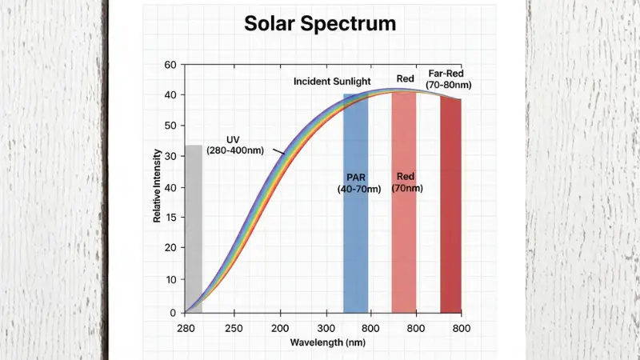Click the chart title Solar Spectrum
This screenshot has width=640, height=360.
[319, 23]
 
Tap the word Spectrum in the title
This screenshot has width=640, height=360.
[355, 23]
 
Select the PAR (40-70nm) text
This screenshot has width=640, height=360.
[355, 182]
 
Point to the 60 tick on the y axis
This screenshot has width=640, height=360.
[169, 65]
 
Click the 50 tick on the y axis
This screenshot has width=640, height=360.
[169, 126]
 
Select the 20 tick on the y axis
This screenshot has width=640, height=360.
[169, 250]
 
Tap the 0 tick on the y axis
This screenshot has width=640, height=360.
[171, 312]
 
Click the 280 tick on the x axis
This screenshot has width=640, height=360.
[185, 328]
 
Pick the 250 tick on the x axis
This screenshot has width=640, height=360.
[233, 328]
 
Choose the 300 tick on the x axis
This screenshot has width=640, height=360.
[326, 328]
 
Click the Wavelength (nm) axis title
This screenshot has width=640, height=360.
[323, 342]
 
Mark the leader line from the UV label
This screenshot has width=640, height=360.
[278, 152]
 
